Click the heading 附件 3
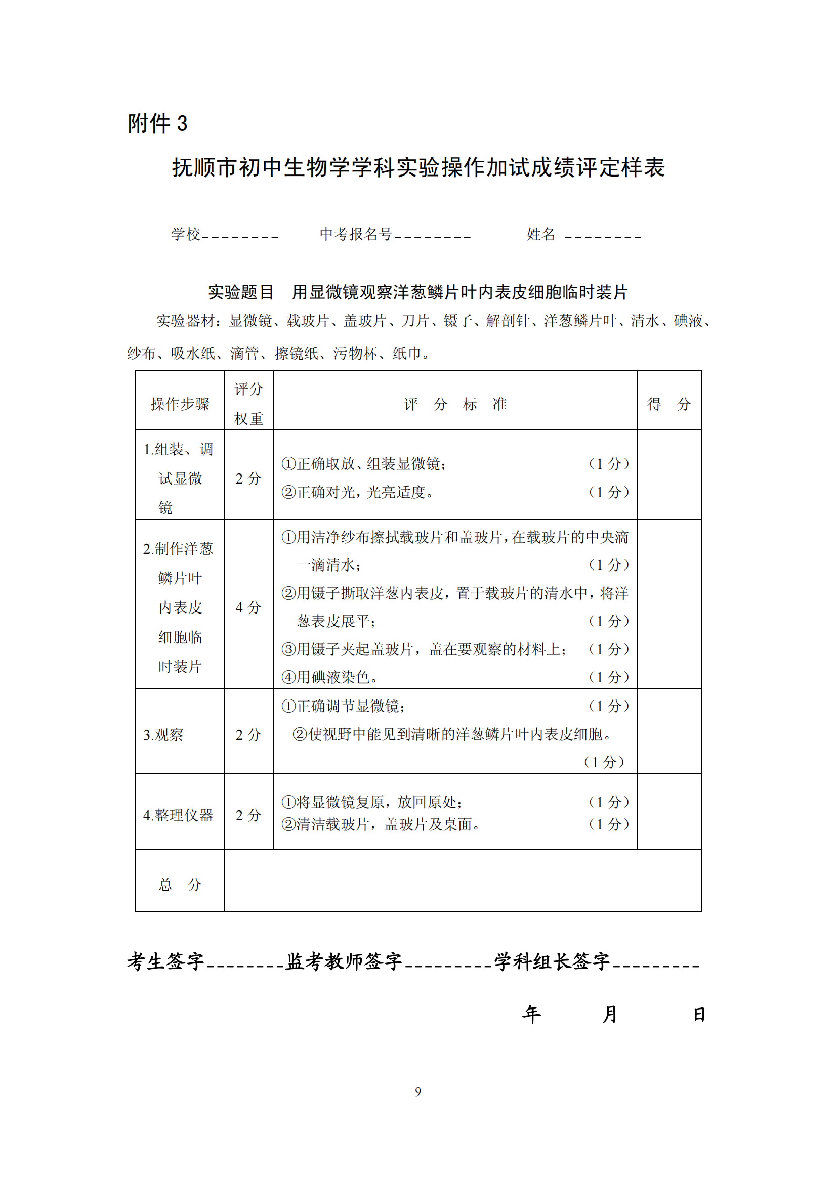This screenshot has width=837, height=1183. tap(157, 123)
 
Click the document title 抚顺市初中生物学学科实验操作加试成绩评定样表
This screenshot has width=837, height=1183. tap(418, 167)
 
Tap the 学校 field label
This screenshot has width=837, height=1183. tap(186, 235)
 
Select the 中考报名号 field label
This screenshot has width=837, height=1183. tap(356, 235)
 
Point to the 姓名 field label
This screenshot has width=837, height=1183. tap(540, 235)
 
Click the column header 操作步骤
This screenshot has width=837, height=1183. tap(180, 404)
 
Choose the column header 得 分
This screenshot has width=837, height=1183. tap(668, 404)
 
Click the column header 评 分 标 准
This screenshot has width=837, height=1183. tap(455, 404)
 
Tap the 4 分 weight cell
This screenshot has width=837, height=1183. tap(248, 607)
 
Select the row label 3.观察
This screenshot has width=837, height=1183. tap(163, 735)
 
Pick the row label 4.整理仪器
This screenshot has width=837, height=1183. tap(178, 815)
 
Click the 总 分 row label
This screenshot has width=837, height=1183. tap(180, 885)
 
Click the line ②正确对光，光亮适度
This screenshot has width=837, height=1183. tap(358, 492)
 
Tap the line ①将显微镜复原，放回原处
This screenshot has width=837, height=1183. tap(371, 802)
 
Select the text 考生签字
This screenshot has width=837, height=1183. tap(166, 961)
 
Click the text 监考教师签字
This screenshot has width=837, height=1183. tap(344, 961)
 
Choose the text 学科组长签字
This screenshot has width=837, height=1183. tap(552, 961)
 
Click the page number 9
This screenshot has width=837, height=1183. tap(418, 1091)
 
